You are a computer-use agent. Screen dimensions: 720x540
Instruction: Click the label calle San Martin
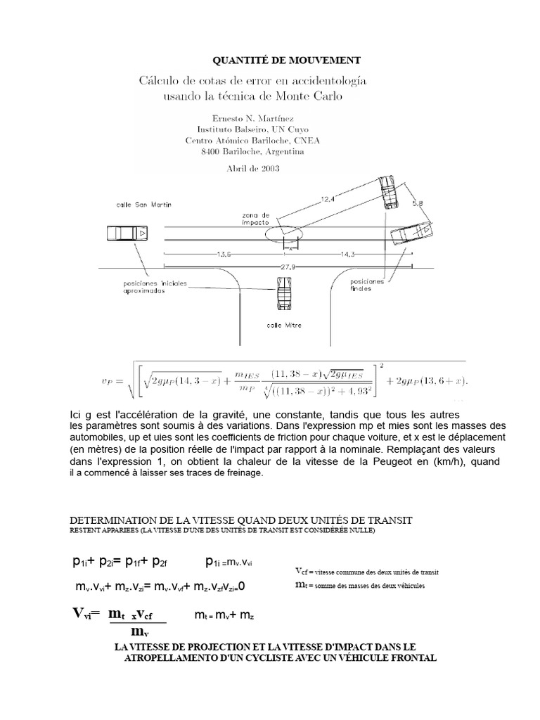pos(144,205)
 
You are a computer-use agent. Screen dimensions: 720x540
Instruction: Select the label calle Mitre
pos(282,326)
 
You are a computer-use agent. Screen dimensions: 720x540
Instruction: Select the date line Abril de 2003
pos(253,168)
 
